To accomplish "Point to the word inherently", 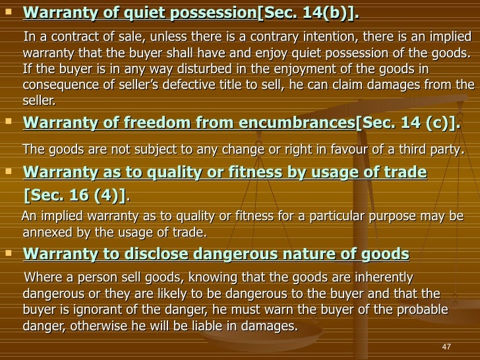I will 377,277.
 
